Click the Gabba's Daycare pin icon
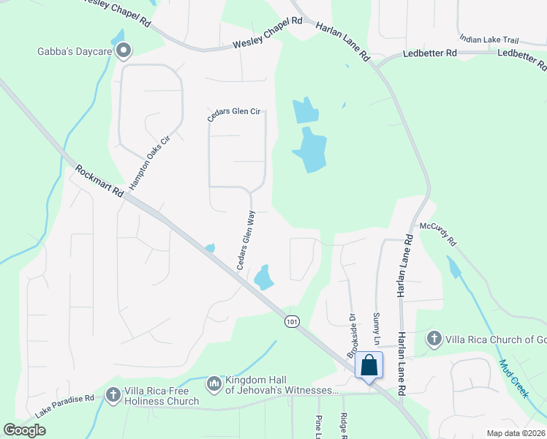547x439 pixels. [124, 50]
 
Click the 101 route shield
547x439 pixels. [292, 321]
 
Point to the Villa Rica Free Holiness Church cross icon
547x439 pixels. [113, 395]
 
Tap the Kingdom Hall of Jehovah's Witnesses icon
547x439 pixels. [214, 383]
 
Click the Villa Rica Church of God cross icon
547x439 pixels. [434, 339]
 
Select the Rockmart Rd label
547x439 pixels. [98, 181]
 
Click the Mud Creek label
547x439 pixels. [514, 378]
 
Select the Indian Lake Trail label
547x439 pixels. [493, 39]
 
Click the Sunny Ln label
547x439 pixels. [377, 328]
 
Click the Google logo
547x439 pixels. [25, 430]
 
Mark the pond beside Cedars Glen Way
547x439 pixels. [263, 277]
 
